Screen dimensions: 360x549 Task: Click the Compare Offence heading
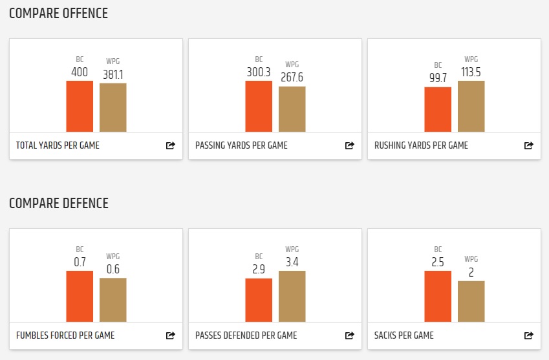coord(58,14)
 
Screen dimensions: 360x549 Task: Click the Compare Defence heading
coord(59,204)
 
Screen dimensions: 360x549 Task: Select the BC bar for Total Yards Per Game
coord(80,107)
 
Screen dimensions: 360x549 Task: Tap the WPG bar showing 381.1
coord(113,108)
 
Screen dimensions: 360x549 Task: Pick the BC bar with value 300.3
coord(259,107)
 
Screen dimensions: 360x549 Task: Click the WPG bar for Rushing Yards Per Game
coord(471,107)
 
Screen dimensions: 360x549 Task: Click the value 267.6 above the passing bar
coord(292,78)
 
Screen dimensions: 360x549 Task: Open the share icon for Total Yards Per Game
coord(170,146)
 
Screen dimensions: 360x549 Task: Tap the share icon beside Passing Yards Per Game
coord(349,146)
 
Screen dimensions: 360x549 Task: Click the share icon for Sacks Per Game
coord(528,336)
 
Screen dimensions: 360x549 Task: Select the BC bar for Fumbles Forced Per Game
coord(80,297)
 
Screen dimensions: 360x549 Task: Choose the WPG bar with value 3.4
coord(292,297)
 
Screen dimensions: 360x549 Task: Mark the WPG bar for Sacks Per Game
coord(471,302)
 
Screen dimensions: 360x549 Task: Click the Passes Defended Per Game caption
coord(246,335)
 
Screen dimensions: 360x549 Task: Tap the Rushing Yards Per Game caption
coord(421,145)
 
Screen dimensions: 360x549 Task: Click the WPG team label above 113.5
coord(471,59)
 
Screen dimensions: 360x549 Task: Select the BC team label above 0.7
coord(80,250)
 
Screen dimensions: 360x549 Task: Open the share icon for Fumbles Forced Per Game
coord(170,336)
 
